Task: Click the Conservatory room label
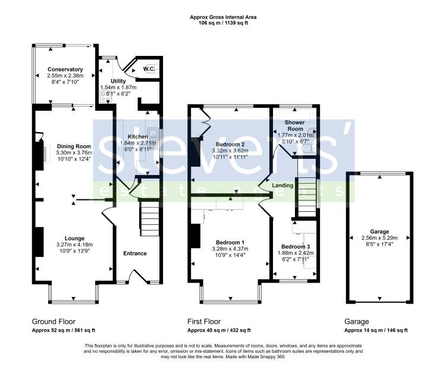click(65, 70)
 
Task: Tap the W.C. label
click(149, 69)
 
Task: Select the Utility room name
click(118, 81)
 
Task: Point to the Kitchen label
click(138, 137)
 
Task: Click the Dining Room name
click(74, 146)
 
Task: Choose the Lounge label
click(74, 239)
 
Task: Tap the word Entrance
click(135, 254)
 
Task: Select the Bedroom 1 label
click(230, 242)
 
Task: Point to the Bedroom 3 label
click(296, 247)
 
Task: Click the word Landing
click(282, 186)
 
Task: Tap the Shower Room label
click(295, 126)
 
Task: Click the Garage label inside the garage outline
click(379, 232)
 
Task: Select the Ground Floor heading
click(54, 321)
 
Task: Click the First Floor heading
click(204, 321)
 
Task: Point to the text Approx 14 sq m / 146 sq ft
click(376, 330)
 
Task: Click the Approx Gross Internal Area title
click(223, 17)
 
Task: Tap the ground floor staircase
click(150, 218)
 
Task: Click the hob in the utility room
click(105, 96)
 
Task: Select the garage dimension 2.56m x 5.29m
click(379, 238)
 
